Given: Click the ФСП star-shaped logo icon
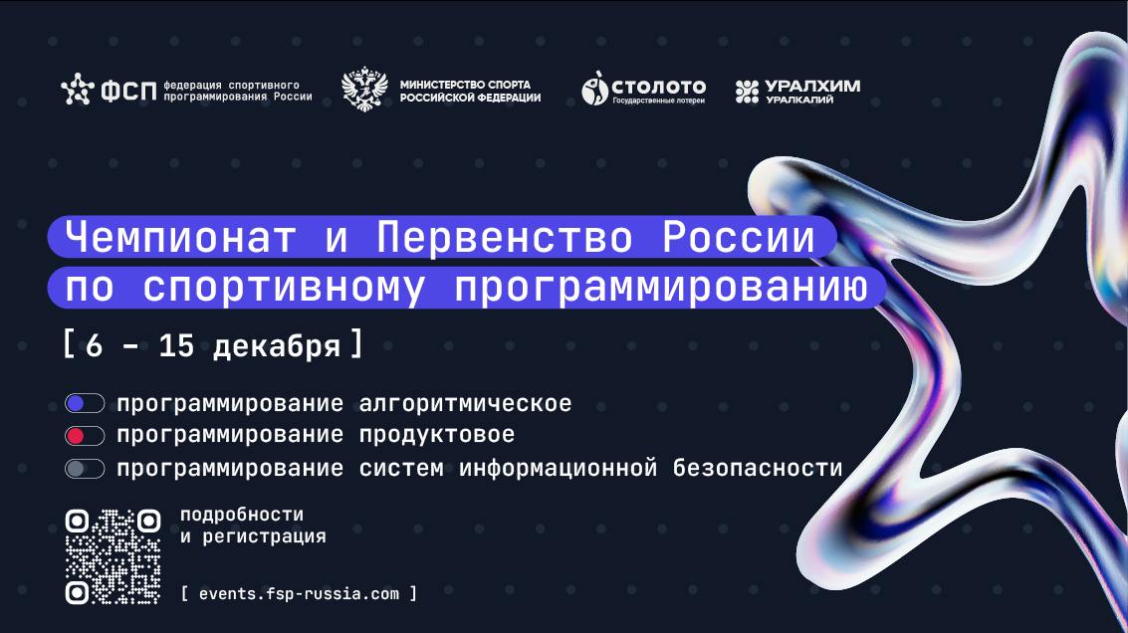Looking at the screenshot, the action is point(77,90).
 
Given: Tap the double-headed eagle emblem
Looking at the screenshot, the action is point(364,90).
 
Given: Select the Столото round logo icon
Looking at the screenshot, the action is point(594,89).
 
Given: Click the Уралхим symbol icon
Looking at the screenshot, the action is point(747,92).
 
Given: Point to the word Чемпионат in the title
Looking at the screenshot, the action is point(180,237).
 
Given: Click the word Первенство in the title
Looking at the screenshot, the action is point(505,237).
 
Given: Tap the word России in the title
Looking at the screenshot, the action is point(738,237).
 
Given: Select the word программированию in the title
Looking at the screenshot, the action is point(661,288).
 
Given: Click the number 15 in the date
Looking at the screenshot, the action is point(176,346).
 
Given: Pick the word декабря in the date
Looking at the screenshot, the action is point(276,346).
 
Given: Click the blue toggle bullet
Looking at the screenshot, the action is point(85,403).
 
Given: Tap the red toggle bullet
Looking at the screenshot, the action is point(85,436).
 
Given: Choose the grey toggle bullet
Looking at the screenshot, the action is point(85,469).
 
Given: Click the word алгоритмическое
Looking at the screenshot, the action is point(466,403).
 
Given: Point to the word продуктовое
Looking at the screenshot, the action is point(437,435).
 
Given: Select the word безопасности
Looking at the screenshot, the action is point(758,468).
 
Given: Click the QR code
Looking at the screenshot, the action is point(113,556).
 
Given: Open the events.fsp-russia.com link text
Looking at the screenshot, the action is point(299,594).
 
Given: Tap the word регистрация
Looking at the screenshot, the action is point(264,536).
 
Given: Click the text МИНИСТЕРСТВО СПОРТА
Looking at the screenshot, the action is point(465,85).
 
